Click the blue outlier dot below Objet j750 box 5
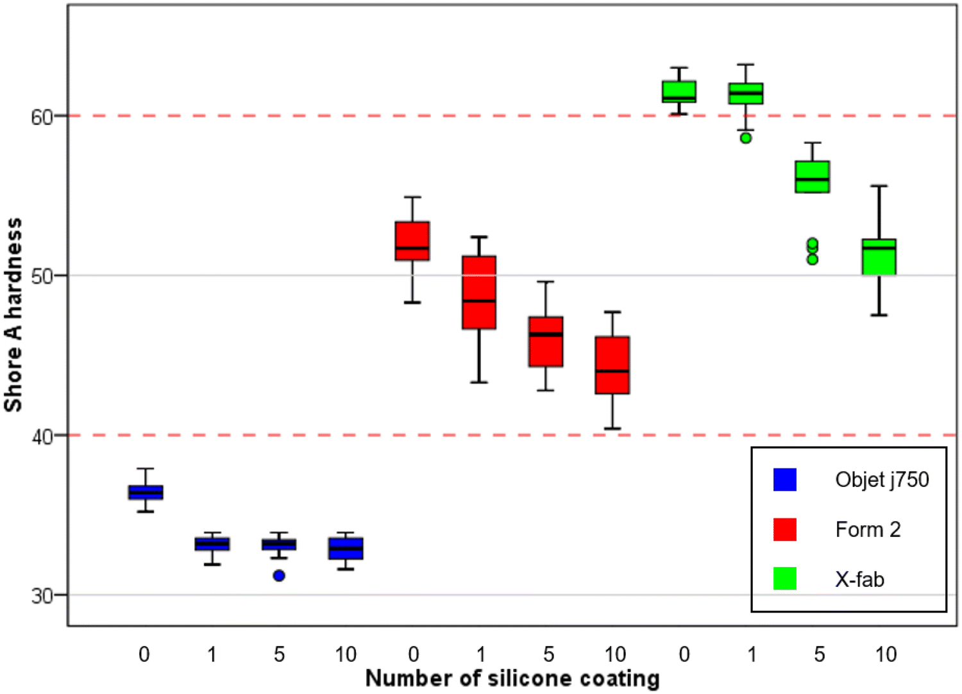[x=279, y=575]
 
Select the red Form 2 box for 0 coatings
[x=412, y=241]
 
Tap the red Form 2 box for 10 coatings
[x=612, y=365]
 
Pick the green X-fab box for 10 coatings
[x=879, y=257]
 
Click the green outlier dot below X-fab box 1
[x=745, y=138]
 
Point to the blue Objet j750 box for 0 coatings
[x=146, y=492]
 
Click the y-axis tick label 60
[x=41, y=117]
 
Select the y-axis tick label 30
[x=41, y=596]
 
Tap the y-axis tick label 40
[x=41, y=436]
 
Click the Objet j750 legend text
[x=882, y=479]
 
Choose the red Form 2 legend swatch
[x=785, y=529]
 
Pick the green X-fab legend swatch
[x=785, y=579]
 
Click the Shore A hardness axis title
[x=13, y=314]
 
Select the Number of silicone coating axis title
[x=512, y=678]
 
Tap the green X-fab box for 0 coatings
[x=679, y=92]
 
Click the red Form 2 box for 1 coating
[x=479, y=292]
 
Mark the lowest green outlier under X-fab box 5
[x=813, y=259]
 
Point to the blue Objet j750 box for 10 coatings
[x=346, y=549]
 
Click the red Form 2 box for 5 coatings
[x=546, y=342]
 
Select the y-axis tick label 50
[x=41, y=277]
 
